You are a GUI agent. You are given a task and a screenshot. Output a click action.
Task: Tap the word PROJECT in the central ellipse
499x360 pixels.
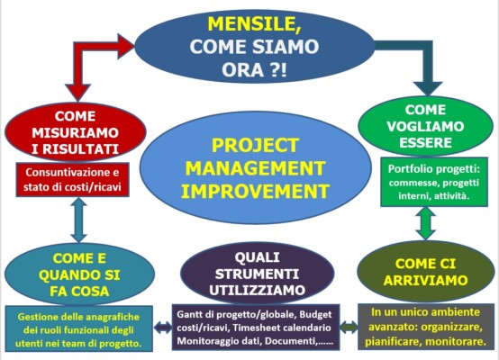coord(255,145)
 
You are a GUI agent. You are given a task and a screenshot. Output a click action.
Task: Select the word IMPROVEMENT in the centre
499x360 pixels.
coord(255,191)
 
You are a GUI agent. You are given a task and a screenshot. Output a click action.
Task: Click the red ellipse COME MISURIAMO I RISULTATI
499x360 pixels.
coord(76,132)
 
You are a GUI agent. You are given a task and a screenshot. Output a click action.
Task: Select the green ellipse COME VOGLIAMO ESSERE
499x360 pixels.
coord(425,126)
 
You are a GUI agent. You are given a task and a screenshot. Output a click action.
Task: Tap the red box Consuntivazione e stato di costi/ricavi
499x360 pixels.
coord(73,179)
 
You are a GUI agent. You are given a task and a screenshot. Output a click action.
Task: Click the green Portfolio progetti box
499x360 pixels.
coord(434,182)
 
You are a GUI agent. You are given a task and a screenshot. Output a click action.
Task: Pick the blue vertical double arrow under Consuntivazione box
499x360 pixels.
coord(78,220)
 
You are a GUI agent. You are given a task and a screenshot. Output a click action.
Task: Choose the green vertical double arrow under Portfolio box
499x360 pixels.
coord(426,223)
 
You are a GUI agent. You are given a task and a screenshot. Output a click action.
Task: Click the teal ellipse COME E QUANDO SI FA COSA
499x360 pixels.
coord(79,274)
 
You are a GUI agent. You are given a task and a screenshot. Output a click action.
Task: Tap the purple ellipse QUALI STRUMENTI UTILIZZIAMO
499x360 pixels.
coord(257,274)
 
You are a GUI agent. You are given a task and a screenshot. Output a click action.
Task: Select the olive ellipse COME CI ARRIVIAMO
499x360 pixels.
coord(425,272)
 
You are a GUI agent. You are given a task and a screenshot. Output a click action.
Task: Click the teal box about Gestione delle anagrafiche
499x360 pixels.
coord(78,328)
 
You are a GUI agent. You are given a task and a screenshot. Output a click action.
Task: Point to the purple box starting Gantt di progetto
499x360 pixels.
coord(256,328)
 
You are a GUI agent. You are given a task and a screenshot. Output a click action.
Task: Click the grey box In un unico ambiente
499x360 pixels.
coord(426,327)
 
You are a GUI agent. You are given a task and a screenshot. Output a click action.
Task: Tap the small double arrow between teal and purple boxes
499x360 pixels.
coord(163,328)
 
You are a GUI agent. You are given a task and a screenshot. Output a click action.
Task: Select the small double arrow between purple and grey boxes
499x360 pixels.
coord(349,328)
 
